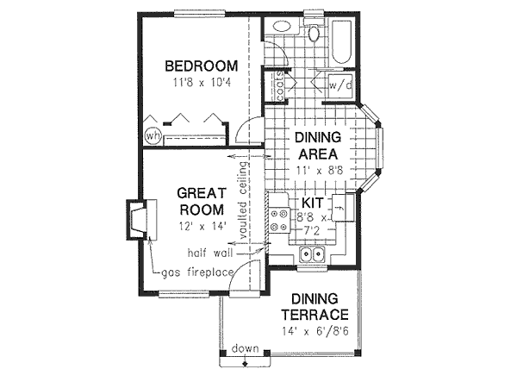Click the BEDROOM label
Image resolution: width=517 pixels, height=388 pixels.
[201, 66]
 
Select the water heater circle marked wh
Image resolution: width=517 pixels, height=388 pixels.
[153, 136]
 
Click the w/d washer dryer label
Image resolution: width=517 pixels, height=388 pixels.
[338, 84]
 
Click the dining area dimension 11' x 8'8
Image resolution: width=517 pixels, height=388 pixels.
[320, 171]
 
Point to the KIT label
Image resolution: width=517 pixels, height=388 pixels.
[312, 203]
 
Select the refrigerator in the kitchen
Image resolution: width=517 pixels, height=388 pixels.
[341, 210]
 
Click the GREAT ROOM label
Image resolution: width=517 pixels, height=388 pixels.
[202, 200]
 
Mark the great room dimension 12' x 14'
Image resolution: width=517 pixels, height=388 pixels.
[202, 225]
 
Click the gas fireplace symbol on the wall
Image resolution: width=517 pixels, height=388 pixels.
[138, 218]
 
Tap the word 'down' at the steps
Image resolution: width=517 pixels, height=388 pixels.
[244, 348]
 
